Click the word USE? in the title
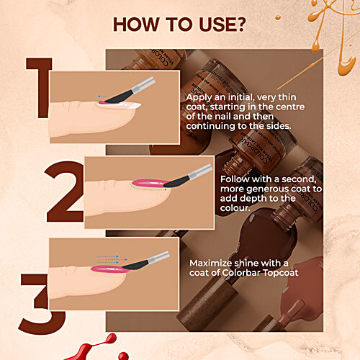point(220,25)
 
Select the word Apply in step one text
point(201,96)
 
